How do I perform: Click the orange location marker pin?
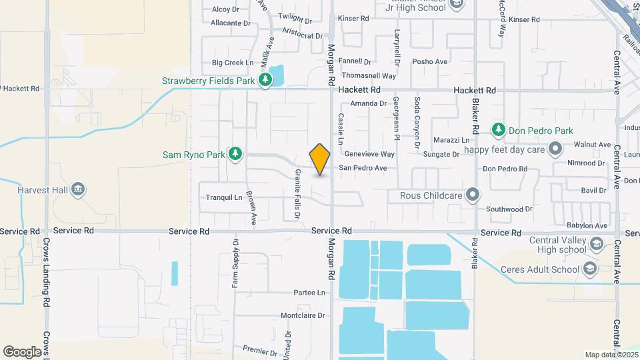coord(320,159)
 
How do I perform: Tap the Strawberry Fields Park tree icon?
coord(266,81)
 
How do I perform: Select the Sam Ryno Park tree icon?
coord(235,155)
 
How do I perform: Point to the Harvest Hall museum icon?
coord(79,190)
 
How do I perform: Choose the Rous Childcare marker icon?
coord(473,195)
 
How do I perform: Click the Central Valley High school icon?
coord(596,245)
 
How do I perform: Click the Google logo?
coord(22,351)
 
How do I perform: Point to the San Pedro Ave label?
coord(363,168)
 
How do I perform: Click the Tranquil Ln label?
coord(224,197)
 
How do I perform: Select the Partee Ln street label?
coord(309,293)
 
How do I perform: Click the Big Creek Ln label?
coord(233,63)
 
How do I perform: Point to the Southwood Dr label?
coord(509,209)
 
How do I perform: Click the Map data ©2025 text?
coord(610,354)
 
